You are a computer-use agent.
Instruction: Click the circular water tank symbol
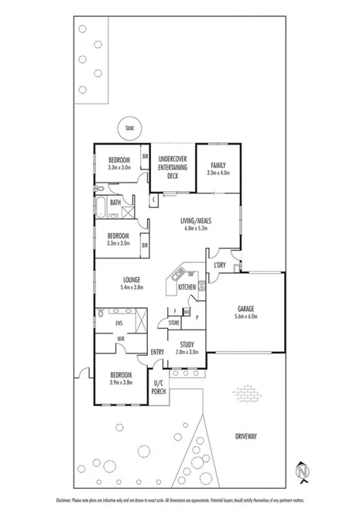[x=129, y=129]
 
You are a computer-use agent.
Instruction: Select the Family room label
[x=218, y=165]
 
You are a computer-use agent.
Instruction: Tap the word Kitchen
[x=187, y=287]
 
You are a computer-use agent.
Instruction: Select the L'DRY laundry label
[x=219, y=267]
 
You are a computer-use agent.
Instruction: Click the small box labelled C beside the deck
[x=154, y=200]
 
